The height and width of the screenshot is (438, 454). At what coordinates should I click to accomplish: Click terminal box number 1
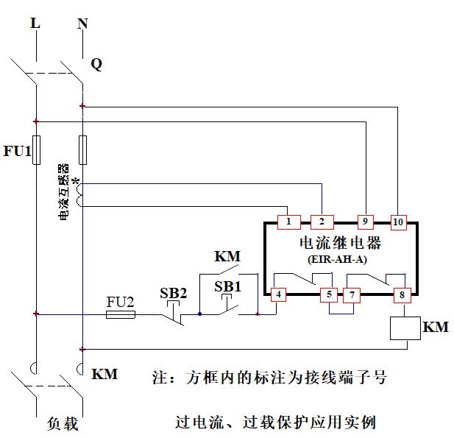click(x=289, y=222)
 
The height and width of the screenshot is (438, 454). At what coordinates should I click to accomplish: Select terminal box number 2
click(x=322, y=222)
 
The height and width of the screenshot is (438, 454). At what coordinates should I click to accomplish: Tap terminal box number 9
click(x=366, y=222)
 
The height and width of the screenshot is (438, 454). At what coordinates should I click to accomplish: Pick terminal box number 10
click(x=398, y=222)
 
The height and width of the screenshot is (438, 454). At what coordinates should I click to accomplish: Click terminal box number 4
click(x=278, y=295)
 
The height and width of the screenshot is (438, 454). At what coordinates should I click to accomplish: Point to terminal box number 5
click(x=330, y=295)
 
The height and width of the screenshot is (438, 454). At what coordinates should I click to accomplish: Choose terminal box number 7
click(x=352, y=295)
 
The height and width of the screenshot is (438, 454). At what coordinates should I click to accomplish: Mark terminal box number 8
click(x=402, y=295)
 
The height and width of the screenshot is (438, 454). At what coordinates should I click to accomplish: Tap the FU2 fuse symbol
click(x=121, y=314)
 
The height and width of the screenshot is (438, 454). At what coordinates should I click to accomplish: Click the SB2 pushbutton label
click(x=174, y=292)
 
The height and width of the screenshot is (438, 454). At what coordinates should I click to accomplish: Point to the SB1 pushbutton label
click(x=227, y=285)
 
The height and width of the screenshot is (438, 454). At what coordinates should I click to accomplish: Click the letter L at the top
click(x=35, y=24)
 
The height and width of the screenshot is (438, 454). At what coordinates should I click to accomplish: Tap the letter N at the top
click(x=82, y=24)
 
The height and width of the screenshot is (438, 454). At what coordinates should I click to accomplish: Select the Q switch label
click(x=96, y=64)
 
